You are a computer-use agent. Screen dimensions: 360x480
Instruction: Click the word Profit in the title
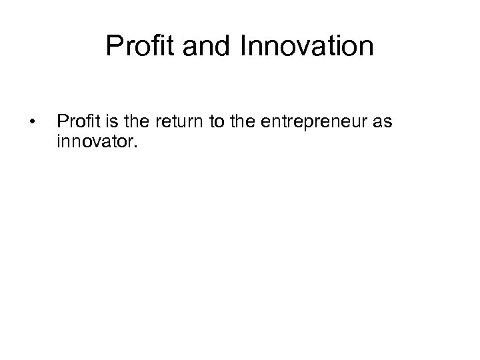pyautogui.click(x=135, y=47)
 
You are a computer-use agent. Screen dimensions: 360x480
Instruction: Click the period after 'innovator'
pyautogui.click(x=133, y=143)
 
